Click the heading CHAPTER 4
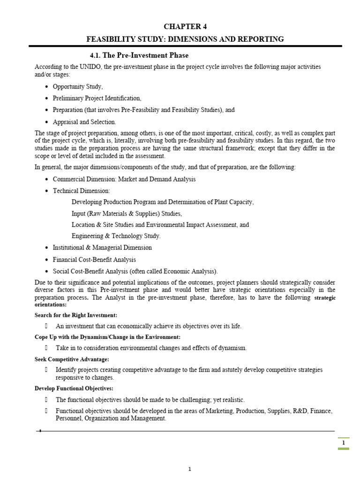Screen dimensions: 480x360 pyautogui.click(x=185, y=27)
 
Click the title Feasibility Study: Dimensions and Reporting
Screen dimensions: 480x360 pyautogui.click(x=185, y=39)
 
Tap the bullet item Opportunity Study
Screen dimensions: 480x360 pyautogui.click(x=77, y=87)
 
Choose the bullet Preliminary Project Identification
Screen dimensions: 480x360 pyautogui.click(x=97, y=98)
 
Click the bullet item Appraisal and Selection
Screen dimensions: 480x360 pyautogui.click(x=84, y=121)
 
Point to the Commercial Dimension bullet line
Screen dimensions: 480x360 pyautogui.click(x=124, y=179)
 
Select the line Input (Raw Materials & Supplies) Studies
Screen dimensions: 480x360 pyautogui.click(x=127, y=213)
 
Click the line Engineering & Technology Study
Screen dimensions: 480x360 pyautogui.click(x=116, y=236)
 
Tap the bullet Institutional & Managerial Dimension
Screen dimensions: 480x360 pyautogui.click(x=102, y=247)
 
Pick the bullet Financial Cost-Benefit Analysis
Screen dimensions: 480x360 pyautogui.click(x=94, y=259)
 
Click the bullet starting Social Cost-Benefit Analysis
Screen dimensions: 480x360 pyautogui.click(x=135, y=271)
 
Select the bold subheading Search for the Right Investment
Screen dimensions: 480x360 pyautogui.click(x=76, y=315)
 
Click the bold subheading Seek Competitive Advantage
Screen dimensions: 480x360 pyautogui.click(x=72, y=359)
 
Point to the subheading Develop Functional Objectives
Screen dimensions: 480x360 pyautogui.click(x=74, y=389)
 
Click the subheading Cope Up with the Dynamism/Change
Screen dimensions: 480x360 pyautogui.click(x=107, y=337)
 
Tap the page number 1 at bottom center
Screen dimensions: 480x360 pyautogui.click(x=190, y=469)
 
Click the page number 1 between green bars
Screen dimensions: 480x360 pyautogui.click(x=343, y=443)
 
